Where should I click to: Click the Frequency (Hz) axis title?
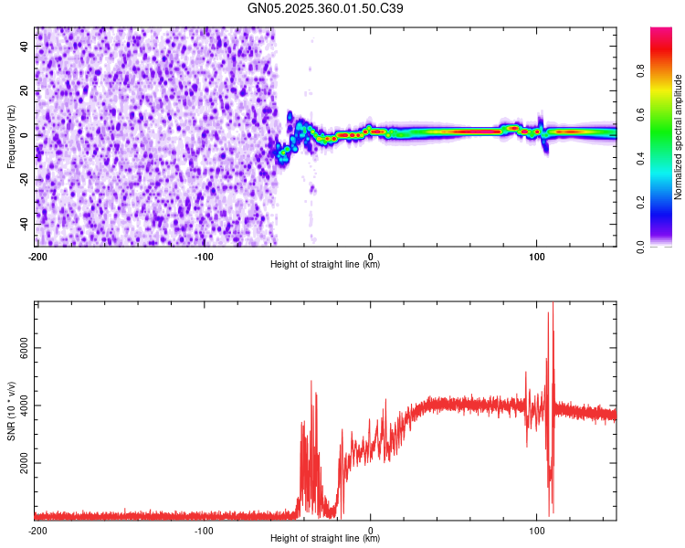(11, 136)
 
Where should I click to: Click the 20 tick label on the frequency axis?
(26, 90)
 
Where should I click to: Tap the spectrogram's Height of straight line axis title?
(325, 265)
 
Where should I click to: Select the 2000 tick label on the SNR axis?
(20, 464)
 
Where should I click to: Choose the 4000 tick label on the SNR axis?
(20, 406)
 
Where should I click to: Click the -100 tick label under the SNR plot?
(204, 530)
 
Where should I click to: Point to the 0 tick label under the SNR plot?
(370, 530)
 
